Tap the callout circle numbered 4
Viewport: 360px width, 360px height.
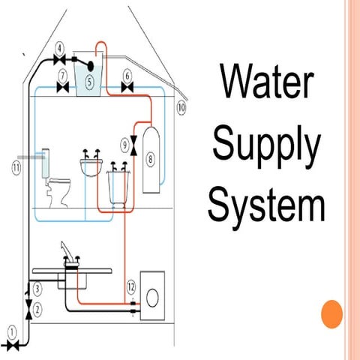coord(59,46)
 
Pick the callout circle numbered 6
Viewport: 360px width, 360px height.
coord(127,75)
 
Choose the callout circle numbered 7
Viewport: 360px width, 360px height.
coord(63,75)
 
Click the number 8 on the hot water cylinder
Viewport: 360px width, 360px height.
coord(151,159)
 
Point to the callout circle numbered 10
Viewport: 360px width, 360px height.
coord(181,107)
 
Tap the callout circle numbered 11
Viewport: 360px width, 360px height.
coord(15,167)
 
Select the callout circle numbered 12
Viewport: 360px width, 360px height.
coord(130,286)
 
